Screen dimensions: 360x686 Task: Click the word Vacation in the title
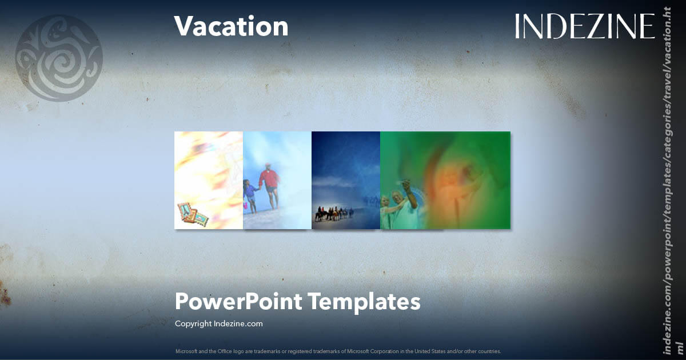point(231,26)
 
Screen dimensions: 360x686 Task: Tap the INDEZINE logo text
point(584,26)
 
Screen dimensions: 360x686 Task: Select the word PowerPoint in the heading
point(238,301)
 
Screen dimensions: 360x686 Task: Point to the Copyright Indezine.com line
point(218,323)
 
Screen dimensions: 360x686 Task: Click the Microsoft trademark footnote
point(338,351)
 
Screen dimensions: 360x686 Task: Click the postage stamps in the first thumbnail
point(192,215)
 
